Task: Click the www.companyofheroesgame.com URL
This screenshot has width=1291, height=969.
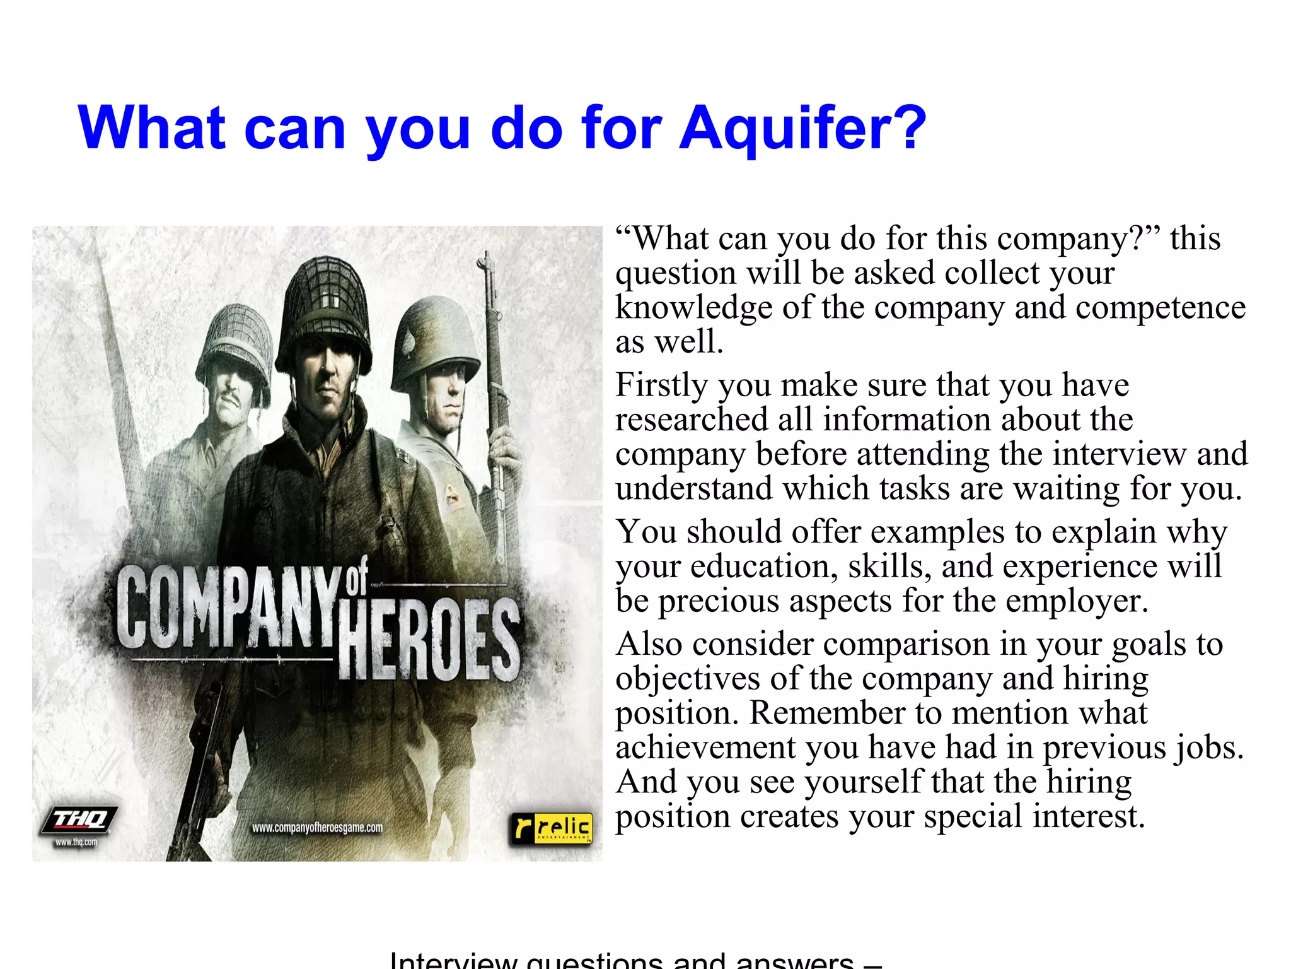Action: tap(317, 828)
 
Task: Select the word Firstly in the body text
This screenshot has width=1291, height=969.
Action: tap(661, 385)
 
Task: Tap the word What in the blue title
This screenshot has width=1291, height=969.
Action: tap(152, 129)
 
